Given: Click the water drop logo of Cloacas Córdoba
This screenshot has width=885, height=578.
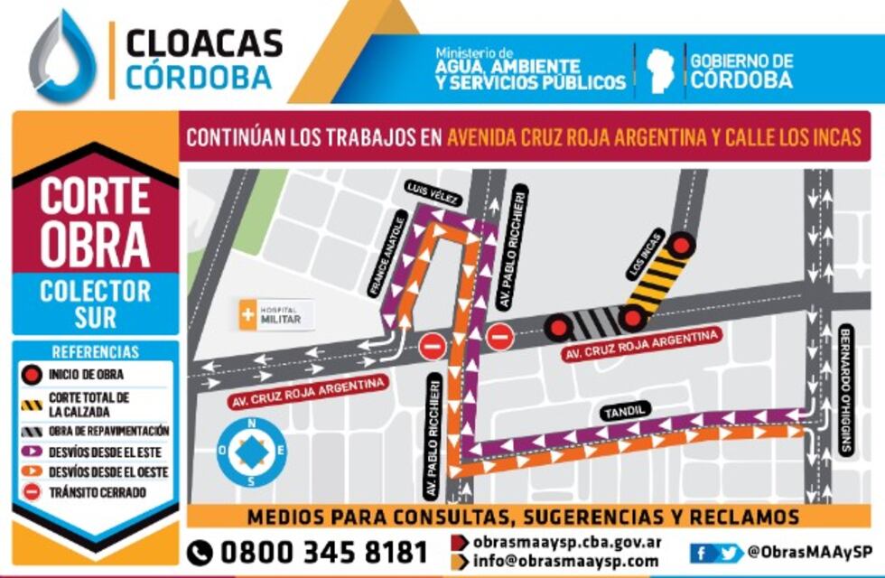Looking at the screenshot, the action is pyautogui.click(x=63, y=56).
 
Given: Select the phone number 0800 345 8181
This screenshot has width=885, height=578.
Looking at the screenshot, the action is pyautogui.click(x=308, y=551).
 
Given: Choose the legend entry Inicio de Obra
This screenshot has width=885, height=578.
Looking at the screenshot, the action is pyautogui.click(x=85, y=374).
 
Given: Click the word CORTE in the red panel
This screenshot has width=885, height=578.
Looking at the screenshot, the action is pyautogui.click(x=94, y=195).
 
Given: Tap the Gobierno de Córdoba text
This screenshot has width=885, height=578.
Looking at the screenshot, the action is pyautogui.click(x=741, y=70).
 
